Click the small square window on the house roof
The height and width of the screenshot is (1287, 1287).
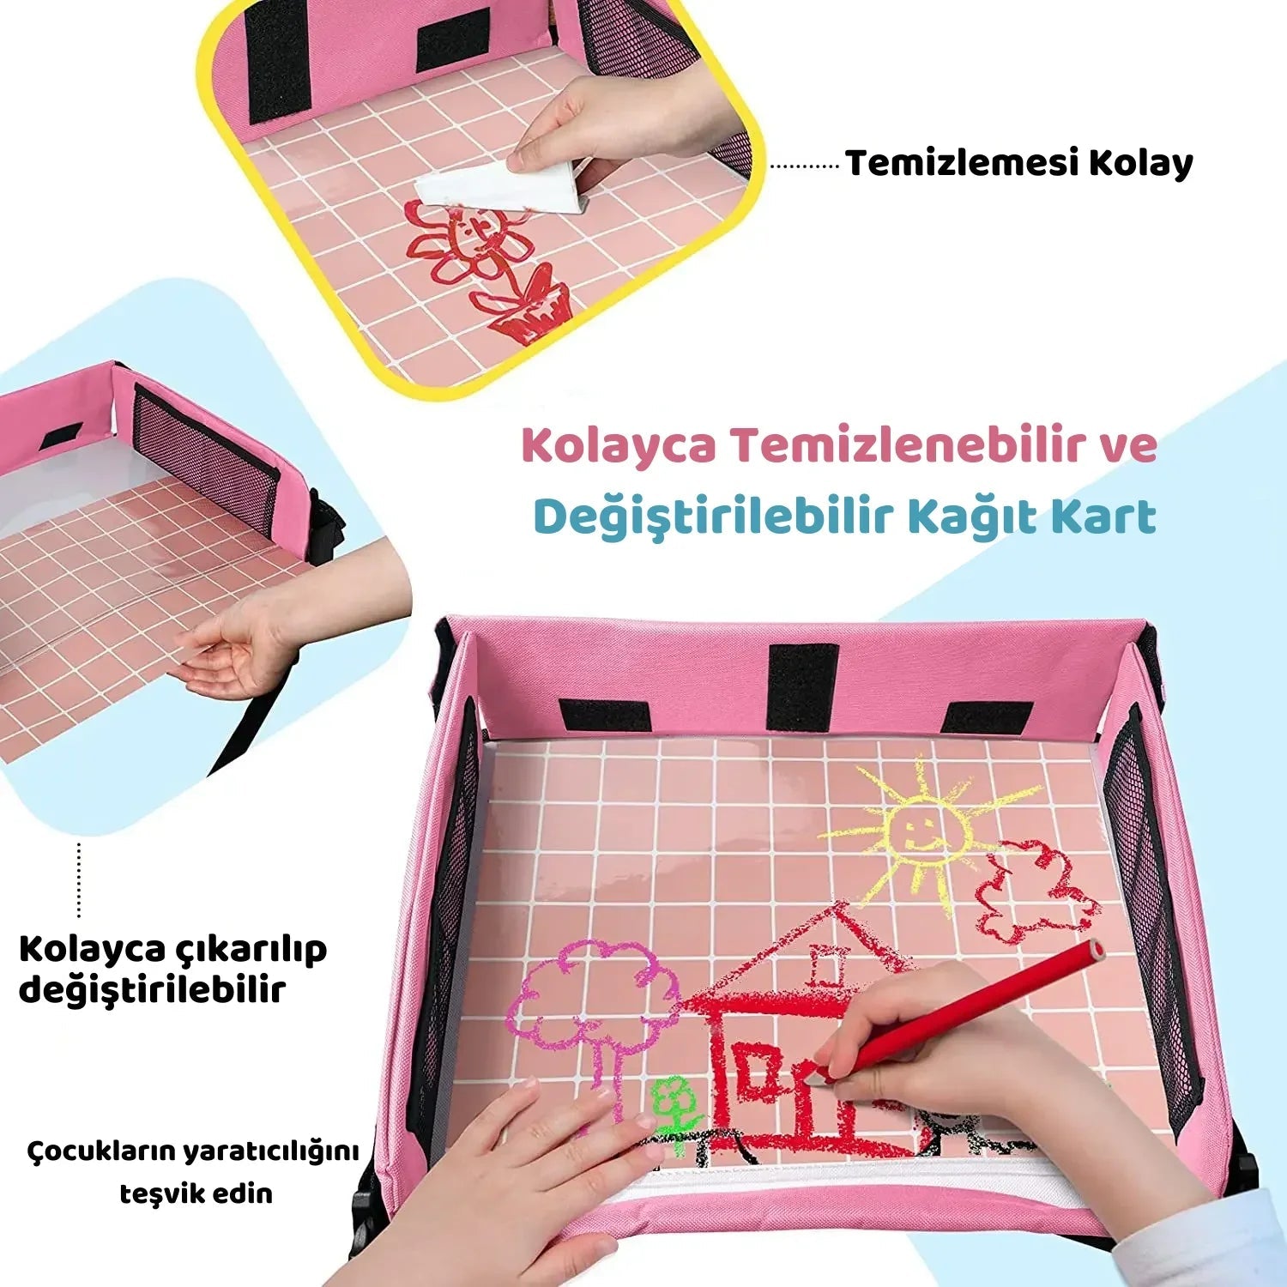click(826, 966)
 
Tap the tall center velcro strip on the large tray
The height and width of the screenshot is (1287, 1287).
click(802, 686)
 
